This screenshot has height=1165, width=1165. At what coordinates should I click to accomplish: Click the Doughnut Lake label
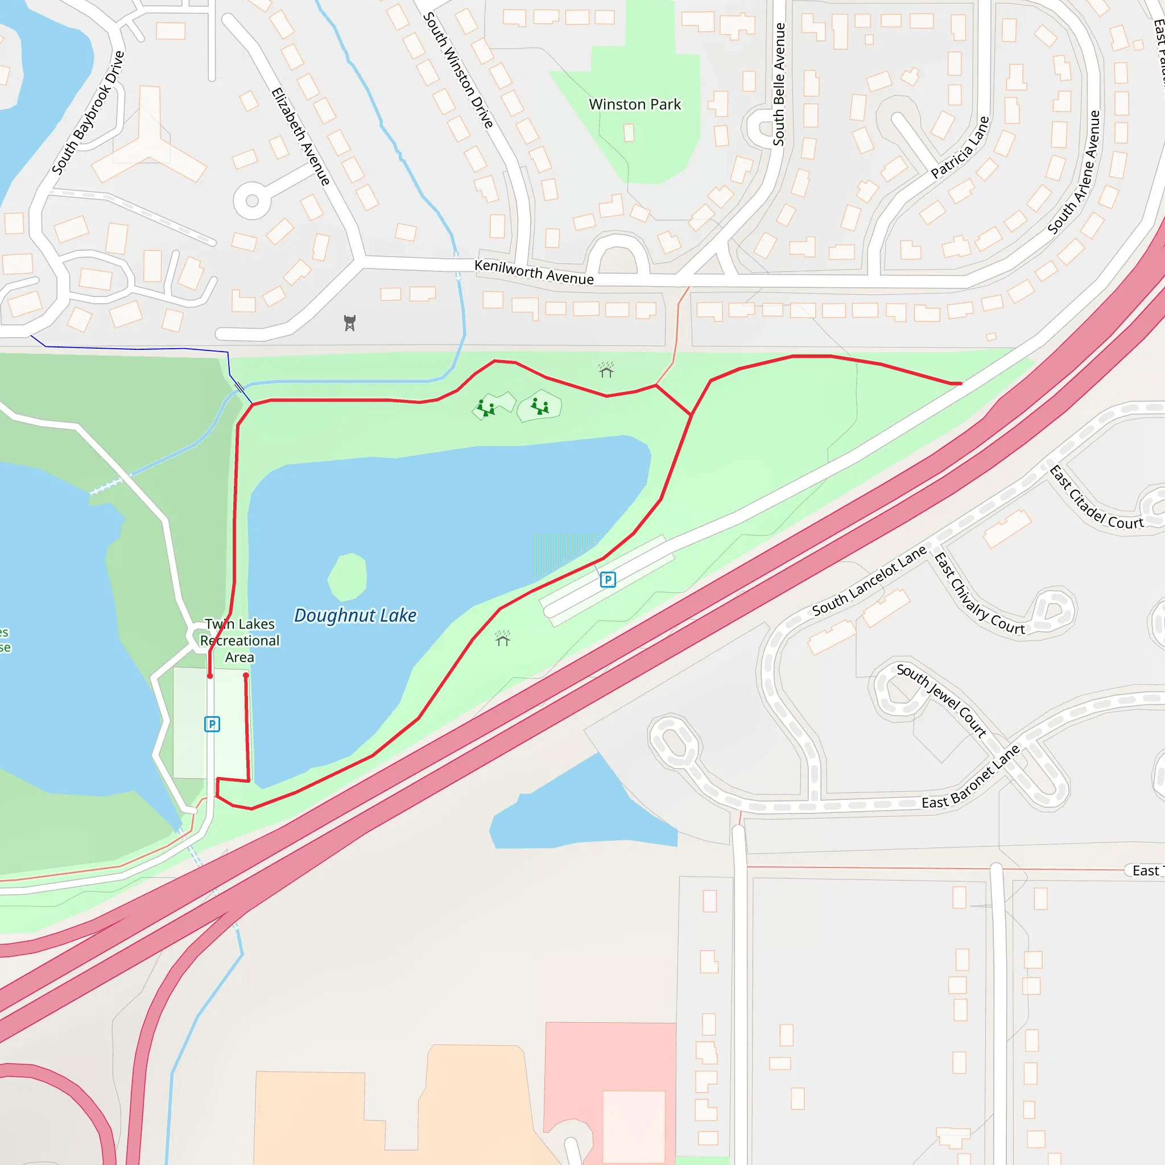tap(355, 615)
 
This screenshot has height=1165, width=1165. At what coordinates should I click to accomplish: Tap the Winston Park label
tap(634, 104)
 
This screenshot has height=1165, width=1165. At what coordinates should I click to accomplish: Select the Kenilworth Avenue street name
tap(534, 272)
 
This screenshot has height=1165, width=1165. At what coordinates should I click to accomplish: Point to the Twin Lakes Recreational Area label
tap(239, 641)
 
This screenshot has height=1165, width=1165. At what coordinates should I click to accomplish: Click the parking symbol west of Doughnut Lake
tap(212, 724)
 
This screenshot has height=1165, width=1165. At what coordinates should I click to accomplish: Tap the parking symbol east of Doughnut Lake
tap(608, 580)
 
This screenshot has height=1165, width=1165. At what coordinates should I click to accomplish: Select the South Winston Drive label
tap(458, 70)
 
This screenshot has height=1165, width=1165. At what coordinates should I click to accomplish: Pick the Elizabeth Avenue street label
tap(300, 137)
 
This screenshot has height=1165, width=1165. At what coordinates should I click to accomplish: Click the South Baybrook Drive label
tap(88, 113)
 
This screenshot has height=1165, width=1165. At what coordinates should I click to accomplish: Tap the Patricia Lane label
tap(960, 148)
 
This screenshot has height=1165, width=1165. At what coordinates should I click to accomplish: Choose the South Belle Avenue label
tap(779, 84)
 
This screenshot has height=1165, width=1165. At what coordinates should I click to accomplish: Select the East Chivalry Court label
tap(978, 594)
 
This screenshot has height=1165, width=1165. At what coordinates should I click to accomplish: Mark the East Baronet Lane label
tap(970, 777)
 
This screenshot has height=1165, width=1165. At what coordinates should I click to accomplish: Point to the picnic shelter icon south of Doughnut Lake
tap(502, 638)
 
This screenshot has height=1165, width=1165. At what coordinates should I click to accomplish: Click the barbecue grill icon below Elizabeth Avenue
tap(350, 323)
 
